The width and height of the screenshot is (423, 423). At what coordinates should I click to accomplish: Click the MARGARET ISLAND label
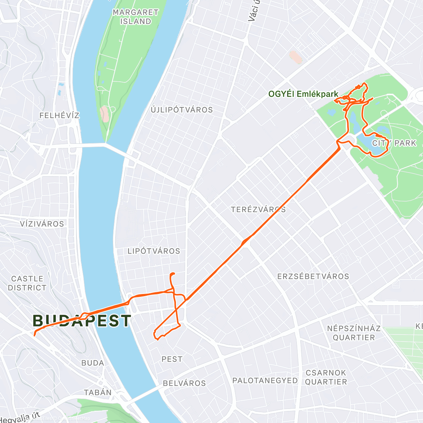coord(135,17)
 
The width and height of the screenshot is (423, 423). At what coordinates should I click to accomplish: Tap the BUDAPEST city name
coord(82,321)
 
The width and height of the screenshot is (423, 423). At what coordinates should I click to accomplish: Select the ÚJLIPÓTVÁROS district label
coord(182,110)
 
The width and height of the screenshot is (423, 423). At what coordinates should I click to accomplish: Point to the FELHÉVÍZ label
coord(59,116)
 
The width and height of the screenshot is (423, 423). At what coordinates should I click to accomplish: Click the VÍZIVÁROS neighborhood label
coord(42,224)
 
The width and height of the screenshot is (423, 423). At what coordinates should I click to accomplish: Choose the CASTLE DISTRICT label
coord(27,283)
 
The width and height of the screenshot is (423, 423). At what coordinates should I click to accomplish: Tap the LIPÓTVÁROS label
coord(154,251)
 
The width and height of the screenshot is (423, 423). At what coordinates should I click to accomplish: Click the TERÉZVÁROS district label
coord(258,210)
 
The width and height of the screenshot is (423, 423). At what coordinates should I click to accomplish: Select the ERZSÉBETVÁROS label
coord(313,276)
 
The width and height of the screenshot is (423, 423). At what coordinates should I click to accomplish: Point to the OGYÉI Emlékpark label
coord(303,94)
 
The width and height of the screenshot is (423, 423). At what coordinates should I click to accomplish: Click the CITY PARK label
coord(394,143)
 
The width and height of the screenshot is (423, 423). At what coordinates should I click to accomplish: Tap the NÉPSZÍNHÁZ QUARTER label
coord(354,333)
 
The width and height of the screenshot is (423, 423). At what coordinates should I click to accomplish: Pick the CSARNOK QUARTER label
coord(326,377)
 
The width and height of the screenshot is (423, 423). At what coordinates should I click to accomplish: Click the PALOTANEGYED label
coord(265,381)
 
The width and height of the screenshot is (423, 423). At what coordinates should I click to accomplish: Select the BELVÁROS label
coord(184,383)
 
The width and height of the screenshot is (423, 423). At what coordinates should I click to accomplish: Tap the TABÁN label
coord(98,392)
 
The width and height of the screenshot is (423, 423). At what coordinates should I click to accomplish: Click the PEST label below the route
coord(172,359)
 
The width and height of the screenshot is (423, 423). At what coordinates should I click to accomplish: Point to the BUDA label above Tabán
coord(93,363)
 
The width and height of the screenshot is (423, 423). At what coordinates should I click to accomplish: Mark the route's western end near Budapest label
coord(35,335)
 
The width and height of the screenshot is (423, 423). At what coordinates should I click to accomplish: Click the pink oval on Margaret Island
coord(104,114)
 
